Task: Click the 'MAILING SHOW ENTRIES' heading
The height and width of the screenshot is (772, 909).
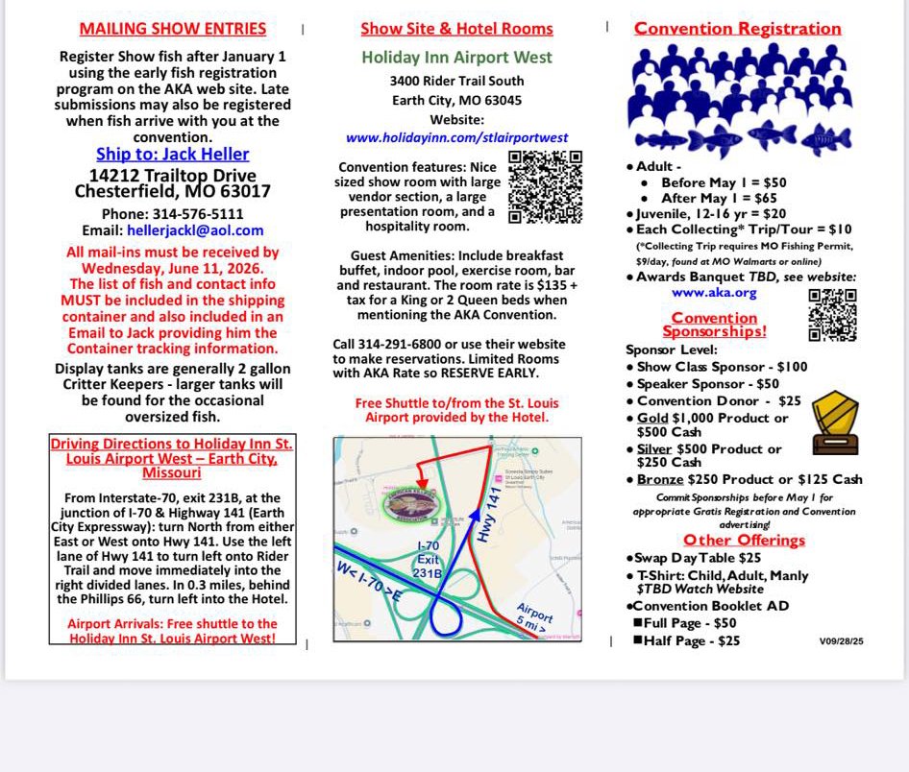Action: point(172,29)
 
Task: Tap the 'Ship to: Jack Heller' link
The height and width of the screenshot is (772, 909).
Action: point(172,155)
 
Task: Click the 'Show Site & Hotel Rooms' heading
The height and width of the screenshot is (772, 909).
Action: point(456,29)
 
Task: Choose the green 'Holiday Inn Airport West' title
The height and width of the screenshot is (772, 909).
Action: point(456,57)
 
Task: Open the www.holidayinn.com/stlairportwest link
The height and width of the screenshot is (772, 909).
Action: point(456,138)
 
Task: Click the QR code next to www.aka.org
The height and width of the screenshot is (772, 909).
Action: point(832,315)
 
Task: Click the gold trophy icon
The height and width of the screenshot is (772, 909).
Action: point(834,422)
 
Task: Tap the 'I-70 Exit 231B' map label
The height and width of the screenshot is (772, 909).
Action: point(429,560)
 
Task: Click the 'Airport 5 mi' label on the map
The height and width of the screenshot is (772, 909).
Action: point(534,617)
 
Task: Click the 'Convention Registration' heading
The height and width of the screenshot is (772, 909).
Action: point(737,28)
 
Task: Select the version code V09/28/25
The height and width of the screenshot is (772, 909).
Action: point(841,640)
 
